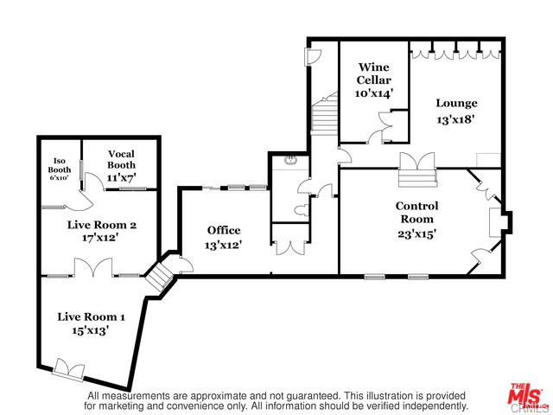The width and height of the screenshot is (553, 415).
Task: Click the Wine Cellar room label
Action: pyautogui.click(x=373, y=73)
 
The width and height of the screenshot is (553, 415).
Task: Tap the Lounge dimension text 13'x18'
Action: pyautogui.click(x=455, y=119)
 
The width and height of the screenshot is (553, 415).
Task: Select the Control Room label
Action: pyautogui.click(x=416, y=213)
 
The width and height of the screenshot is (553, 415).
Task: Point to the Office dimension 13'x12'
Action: pyautogui.click(x=223, y=245)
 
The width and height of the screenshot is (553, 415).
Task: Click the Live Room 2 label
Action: pyautogui.click(x=102, y=225)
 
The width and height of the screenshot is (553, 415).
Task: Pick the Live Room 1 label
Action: pyautogui.click(x=91, y=316)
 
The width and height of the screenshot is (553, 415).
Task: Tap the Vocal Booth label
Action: pyautogui.click(x=121, y=159)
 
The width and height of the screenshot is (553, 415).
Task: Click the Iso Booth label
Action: pyautogui.click(x=60, y=165)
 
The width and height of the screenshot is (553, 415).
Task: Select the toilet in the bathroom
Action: pyautogui.click(x=301, y=211)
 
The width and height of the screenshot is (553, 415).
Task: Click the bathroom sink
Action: pyautogui.click(x=291, y=160)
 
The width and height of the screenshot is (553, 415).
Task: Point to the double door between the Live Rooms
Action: pyautogui.click(x=93, y=267)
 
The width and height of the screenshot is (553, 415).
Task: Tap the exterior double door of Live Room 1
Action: pyautogui.click(x=69, y=370)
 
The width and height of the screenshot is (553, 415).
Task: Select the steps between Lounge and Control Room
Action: pyautogui.click(x=417, y=177)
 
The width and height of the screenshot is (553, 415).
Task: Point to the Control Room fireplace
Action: pyautogui.click(x=500, y=222)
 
